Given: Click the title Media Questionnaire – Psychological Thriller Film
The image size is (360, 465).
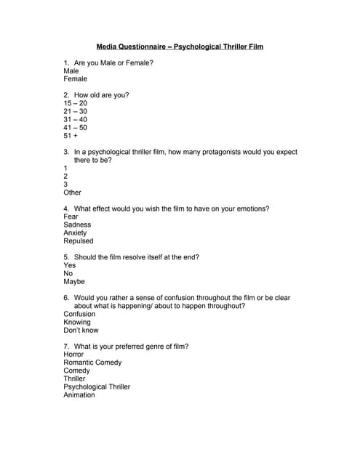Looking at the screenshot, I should [x=180, y=46].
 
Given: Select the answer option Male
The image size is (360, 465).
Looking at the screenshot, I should [x=71, y=71].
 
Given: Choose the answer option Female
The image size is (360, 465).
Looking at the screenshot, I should [x=75, y=79].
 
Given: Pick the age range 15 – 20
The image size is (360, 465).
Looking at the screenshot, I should [x=75, y=103].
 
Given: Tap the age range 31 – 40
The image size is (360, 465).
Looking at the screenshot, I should [x=75, y=119].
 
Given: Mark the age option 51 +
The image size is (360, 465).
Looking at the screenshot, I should [x=71, y=135].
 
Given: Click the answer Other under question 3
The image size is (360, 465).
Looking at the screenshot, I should [x=72, y=193].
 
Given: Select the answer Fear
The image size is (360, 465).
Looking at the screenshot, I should [x=71, y=217].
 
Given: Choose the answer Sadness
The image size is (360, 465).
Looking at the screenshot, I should [x=77, y=225].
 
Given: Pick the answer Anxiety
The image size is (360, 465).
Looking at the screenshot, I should [x=76, y=233].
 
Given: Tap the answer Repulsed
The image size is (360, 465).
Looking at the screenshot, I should [x=79, y=241].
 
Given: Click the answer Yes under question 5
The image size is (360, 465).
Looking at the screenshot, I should [x=70, y=265].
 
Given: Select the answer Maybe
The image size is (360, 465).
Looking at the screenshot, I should [x=74, y=281].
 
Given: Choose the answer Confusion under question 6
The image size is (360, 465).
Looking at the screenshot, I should [x=79, y=314].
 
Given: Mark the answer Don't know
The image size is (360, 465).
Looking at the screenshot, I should [x=81, y=330].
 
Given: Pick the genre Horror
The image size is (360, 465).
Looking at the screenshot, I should [x=73, y=355].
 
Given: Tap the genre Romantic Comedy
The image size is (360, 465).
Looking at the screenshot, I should [x=92, y=363].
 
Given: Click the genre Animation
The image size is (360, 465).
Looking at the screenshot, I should [x=79, y=395].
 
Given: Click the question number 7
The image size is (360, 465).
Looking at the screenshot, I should [x=66, y=347].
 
